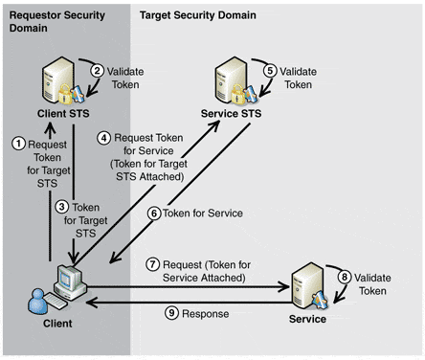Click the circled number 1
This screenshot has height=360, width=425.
tap(18, 144)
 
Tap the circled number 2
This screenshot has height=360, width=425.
tap(97, 71)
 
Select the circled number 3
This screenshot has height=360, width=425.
tap(61, 207)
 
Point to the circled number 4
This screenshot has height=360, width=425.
tap(103, 138)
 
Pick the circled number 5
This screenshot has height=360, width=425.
tap(270, 71)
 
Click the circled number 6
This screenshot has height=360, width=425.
tap(154, 214)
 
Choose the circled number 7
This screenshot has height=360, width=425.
tap(153, 264)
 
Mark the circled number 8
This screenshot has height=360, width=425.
tap(345, 277)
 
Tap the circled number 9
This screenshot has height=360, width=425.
tap(171, 313)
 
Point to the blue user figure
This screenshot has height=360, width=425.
tap(37, 302)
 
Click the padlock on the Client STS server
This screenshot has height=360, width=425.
tap(65, 94)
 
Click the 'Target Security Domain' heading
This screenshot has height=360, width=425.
tap(198, 15)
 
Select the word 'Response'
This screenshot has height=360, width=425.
tap(205, 314)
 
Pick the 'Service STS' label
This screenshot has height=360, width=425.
tap(231, 114)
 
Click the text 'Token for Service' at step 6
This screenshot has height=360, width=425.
tap(203, 214)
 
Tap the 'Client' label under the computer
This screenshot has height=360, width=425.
tap(57, 324)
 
